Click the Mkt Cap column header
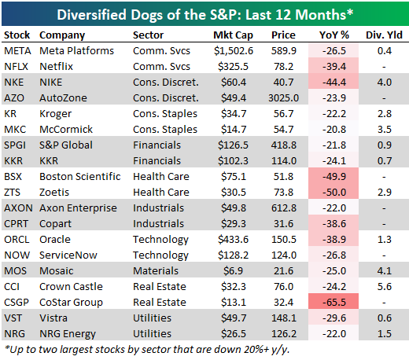pyautogui.click(x=233, y=35)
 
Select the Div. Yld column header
pyautogui.click(x=384, y=35)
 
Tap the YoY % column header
pyautogui.click(x=334, y=35)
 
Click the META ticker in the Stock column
pyautogui.click(x=17, y=51)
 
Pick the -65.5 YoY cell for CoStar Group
pyautogui.click(x=334, y=303)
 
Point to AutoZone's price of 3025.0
pyautogui.click(x=283, y=98)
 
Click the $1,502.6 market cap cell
pyautogui.click(x=234, y=51)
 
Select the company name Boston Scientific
pyautogui.click(x=80, y=177)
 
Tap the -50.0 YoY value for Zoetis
pyautogui.click(x=334, y=193)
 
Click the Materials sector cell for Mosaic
pyautogui.click(x=156, y=271)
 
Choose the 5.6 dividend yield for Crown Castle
pyautogui.click(x=385, y=287)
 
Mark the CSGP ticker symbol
pyautogui.click(x=17, y=303)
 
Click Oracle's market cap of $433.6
pyautogui.click(x=233, y=240)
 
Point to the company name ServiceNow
pyautogui.click(x=68, y=255)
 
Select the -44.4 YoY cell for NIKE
pyautogui.click(x=334, y=83)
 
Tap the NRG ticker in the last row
pyautogui.click(x=15, y=334)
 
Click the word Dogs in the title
pyautogui.click(x=147, y=15)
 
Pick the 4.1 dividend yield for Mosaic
pyautogui.click(x=385, y=271)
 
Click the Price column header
pyautogui.click(x=283, y=35)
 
